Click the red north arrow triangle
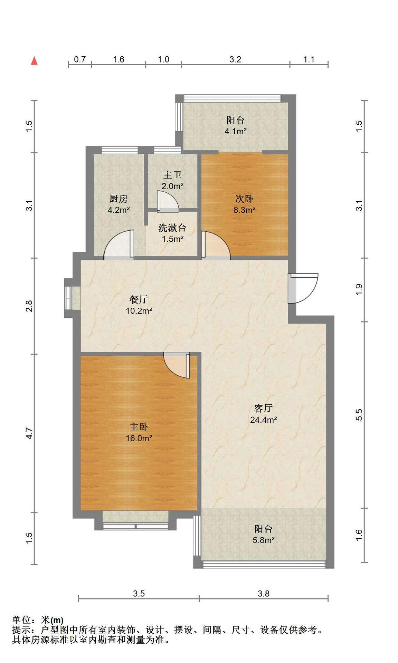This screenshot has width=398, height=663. click(34, 61)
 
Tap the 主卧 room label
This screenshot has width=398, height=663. click(139, 427)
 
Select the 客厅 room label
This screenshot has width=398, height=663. click(263, 408)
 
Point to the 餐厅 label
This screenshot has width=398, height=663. click(139, 299)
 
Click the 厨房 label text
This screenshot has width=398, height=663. click(119, 199)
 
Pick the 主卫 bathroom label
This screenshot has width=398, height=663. click(172, 175)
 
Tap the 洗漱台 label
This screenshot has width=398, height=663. click(172, 228)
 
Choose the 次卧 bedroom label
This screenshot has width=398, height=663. click(244, 199)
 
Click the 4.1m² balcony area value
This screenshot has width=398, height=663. click(235, 131)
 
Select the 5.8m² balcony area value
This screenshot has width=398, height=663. click(263, 540)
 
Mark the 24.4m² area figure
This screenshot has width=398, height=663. click(263, 420)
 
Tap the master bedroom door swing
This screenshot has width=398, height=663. click(177, 365)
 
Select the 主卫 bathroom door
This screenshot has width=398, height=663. click(168, 201)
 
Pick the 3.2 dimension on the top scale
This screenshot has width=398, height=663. click(235, 59)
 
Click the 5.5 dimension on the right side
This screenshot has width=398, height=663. click(359, 414)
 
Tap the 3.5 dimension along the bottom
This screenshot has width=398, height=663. click(139, 594)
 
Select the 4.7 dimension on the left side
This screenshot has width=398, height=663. click(29, 433)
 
